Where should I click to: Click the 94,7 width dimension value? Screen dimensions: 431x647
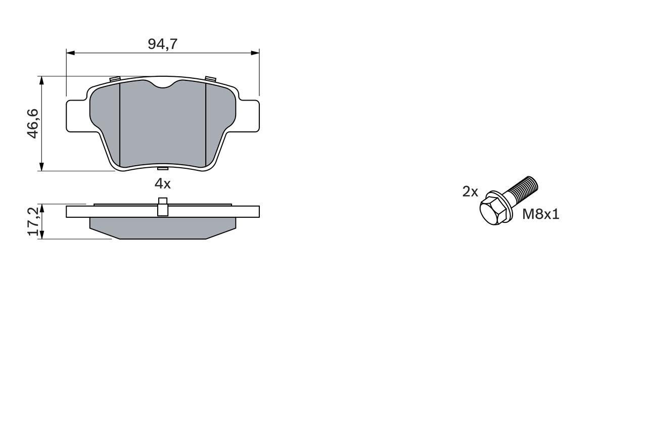pos(162,44)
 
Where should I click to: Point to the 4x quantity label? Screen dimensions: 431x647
pos(162,184)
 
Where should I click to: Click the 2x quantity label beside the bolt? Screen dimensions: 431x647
pos(470,191)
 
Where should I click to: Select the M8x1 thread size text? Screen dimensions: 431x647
pos(540,215)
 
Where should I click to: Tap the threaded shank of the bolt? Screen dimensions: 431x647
pos(522,190)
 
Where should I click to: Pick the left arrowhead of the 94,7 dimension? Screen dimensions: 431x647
pos(70,53)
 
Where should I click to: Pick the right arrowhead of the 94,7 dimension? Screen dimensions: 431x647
pos(255,53)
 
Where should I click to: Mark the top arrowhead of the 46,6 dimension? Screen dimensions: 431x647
pos(41,80)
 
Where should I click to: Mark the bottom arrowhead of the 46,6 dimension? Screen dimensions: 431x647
pos(41,167)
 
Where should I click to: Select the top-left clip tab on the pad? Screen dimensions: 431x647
pos(114,79)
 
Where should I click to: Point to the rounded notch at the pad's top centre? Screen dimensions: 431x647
pos(162,84)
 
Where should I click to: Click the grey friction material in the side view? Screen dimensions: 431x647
pos(162,228)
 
